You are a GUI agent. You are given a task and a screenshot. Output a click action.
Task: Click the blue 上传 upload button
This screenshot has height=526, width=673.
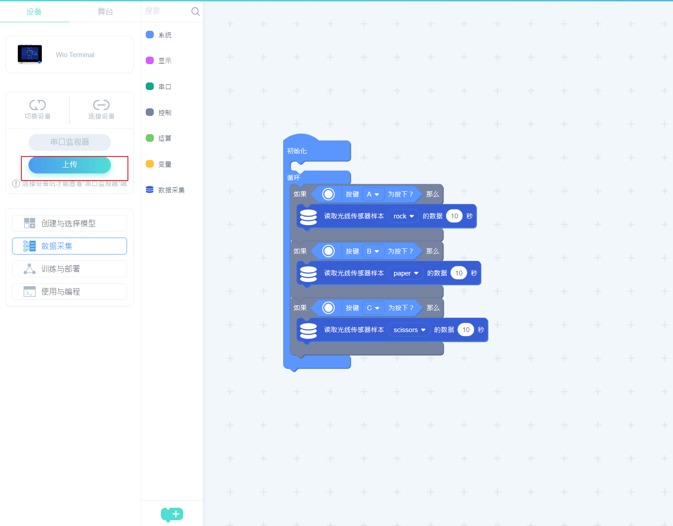(x=70, y=164)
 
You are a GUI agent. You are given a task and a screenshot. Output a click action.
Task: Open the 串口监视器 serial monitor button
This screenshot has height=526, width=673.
(x=70, y=142)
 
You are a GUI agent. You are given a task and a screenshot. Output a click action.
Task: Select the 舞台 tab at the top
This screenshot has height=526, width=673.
(x=105, y=12)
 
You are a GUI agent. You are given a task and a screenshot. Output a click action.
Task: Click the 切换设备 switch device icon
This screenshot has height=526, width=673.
(x=37, y=105)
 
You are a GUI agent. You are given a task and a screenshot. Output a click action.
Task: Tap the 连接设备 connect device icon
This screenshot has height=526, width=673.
(x=101, y=105)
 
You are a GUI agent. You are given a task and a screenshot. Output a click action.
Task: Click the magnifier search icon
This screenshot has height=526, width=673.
(x=195, y=12)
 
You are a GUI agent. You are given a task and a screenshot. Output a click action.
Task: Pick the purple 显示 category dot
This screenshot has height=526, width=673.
(x=150, y=61)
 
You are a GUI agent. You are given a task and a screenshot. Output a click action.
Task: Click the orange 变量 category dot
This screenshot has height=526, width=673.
(x=150, y=164)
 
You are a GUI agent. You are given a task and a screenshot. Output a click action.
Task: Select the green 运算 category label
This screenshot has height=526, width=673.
(x=165, y=139)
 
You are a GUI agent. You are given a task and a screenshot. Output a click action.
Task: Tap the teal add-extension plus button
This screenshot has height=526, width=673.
(x=172, y=514)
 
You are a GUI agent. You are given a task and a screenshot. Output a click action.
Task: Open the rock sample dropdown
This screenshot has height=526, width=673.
(x=403, y=216)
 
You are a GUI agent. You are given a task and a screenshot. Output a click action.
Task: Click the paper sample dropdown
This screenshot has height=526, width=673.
(x=406, y=273)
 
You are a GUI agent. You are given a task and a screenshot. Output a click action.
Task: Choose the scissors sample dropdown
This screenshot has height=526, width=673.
(x=409, y=330)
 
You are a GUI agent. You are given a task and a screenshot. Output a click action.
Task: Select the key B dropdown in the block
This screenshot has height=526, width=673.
(x=373, y=251)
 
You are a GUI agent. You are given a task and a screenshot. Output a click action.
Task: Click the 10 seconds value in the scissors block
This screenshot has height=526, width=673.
(x=466, y=330)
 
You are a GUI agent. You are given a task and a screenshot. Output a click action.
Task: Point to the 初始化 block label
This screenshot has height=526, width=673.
(x=297, y=151)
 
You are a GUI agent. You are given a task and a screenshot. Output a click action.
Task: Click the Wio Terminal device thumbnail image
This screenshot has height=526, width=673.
(x=30, y=54)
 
